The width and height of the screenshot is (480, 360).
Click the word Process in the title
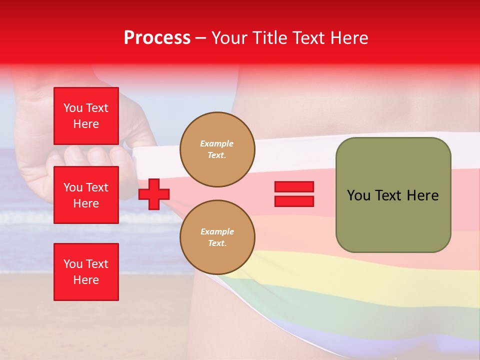coord(157,38)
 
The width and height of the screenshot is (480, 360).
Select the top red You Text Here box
coord(86,116)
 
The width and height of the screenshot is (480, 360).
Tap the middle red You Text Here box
coord(86,195)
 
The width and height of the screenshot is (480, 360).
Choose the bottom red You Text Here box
coord(86,272)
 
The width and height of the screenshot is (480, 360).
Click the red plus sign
coord(154,194)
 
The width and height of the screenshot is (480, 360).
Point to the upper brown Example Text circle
coord(217,149)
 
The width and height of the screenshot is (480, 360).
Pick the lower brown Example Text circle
coord(217,237)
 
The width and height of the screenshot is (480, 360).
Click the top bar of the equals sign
coord(294,187)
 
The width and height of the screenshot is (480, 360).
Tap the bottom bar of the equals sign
coord(294,201)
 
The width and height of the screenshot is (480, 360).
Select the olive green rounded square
coord(393,195)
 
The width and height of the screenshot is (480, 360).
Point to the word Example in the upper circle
coord(217,143)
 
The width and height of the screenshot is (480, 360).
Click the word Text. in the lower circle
coord(217,243)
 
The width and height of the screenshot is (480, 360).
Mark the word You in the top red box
coord(73,108)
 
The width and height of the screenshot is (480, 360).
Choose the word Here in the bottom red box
coord(86,280)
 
